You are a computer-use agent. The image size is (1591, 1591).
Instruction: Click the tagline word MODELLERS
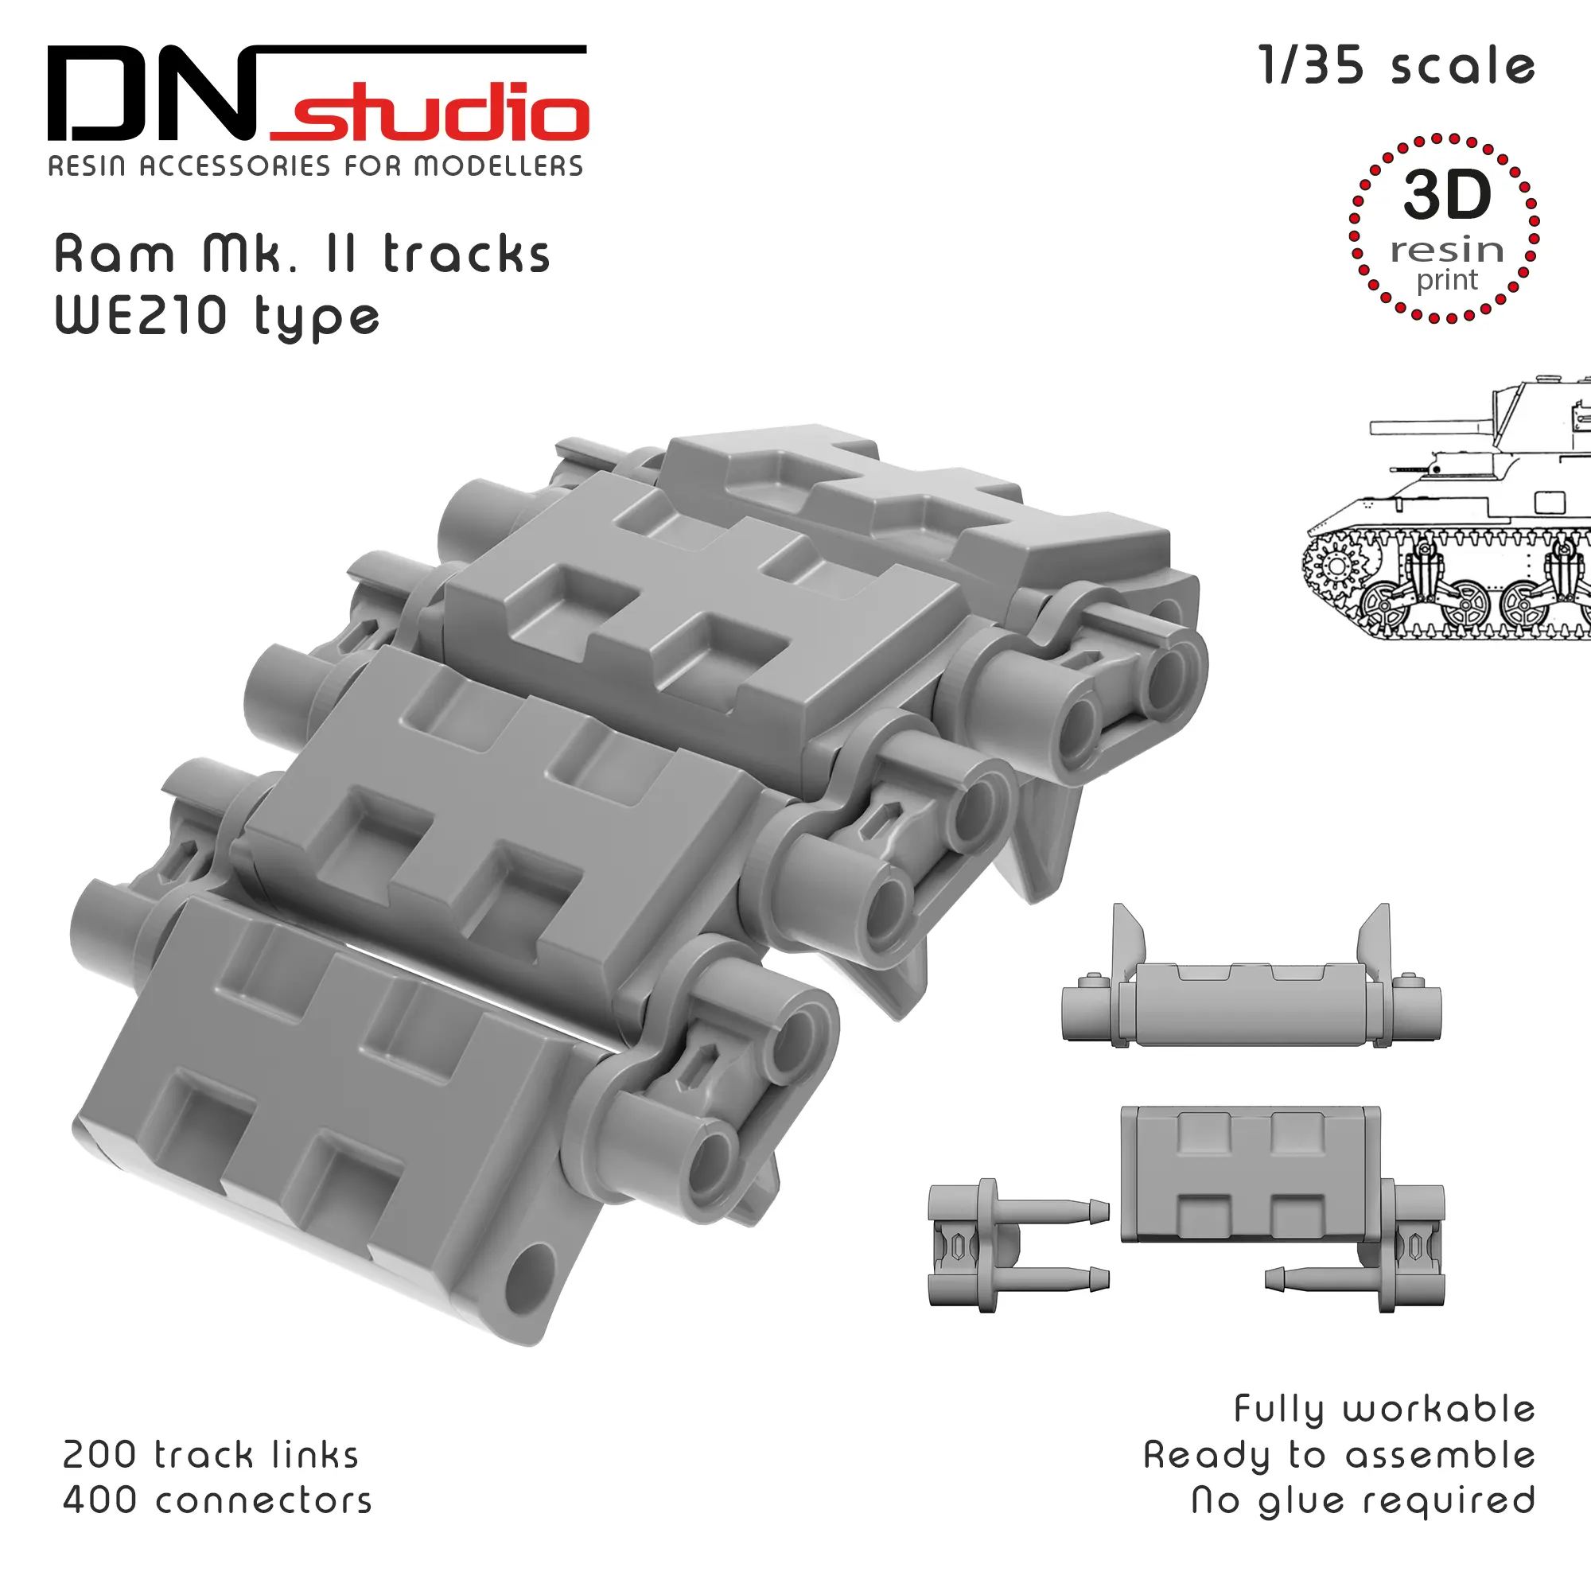[498, 166]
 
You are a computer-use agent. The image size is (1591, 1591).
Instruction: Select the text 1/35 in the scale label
[1312, 65]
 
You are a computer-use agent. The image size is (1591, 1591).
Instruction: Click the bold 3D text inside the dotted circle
[1447, 194]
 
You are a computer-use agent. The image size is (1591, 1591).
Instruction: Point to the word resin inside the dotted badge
[1447, 250]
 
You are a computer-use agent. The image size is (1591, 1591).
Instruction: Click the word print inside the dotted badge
[1447, 281]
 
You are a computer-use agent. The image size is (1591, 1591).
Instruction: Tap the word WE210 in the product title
[140, 314]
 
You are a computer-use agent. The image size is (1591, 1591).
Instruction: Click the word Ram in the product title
[115, 254]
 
